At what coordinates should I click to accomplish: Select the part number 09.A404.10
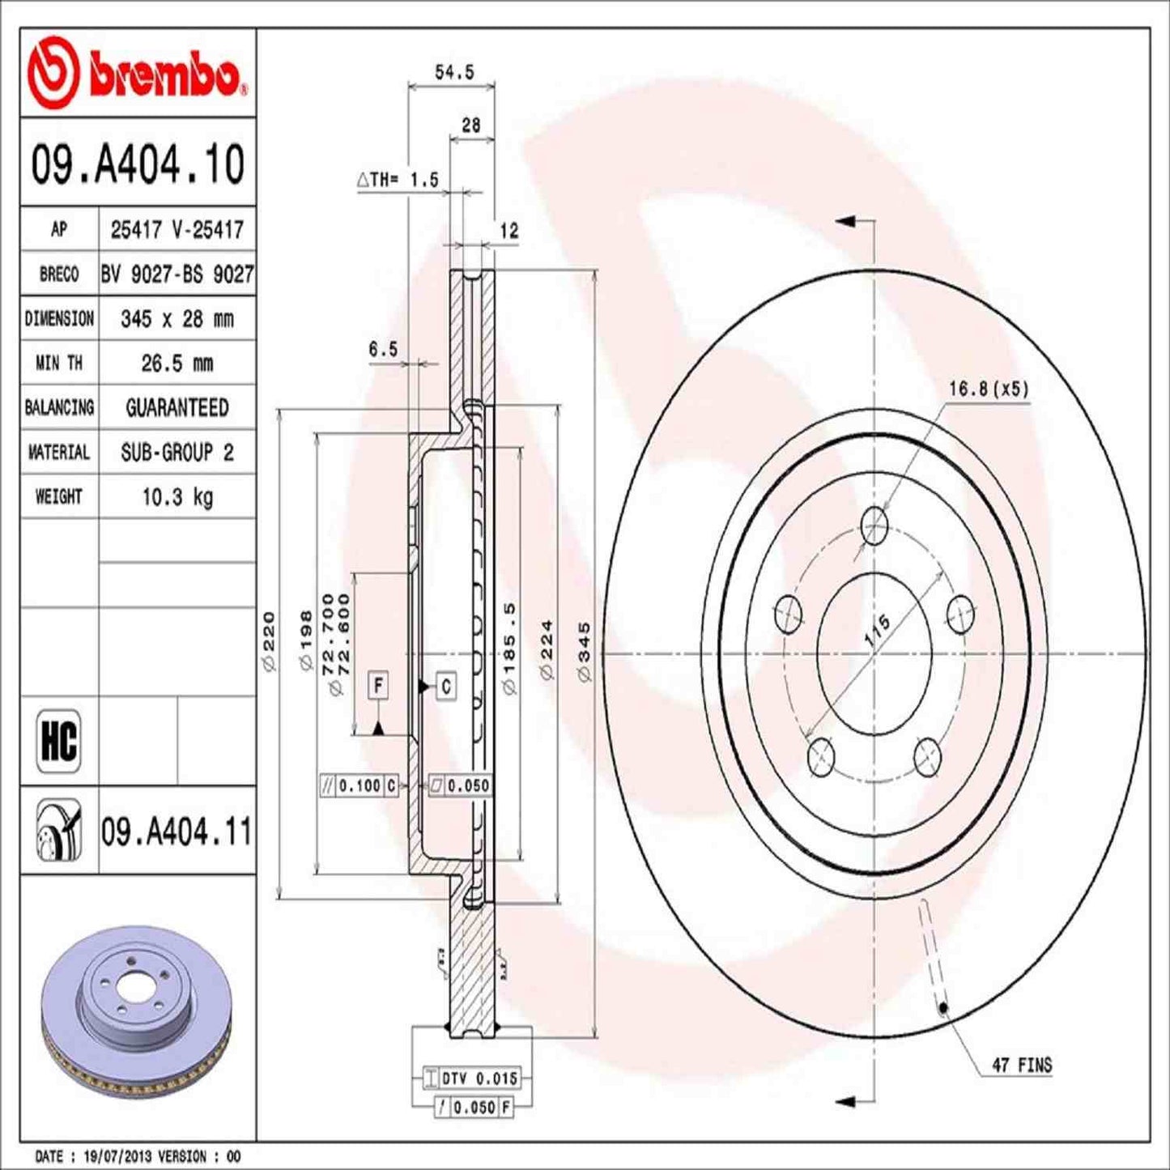coord(138,164)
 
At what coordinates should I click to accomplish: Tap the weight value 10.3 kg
coord(177,496)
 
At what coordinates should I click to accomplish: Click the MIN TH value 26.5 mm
coord(177,364)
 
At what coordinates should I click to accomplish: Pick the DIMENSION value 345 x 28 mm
coord(177,319)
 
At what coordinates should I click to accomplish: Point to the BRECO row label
coord(59,274)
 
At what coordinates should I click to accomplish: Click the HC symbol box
coord(59,740)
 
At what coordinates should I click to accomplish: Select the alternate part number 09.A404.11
coord(177,832)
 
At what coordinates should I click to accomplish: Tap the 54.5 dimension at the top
coord(453,72)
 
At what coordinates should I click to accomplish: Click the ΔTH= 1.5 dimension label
coord(398,180)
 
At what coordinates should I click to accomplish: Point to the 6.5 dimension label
coord(383,349)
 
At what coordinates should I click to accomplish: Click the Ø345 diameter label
coord(585,651)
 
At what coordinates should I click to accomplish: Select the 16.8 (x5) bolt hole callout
coord(988,389)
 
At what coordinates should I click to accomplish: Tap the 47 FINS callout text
coord(1022,1065)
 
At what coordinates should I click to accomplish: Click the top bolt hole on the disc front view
coord(874,526)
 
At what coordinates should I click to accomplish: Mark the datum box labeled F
coord(378,686)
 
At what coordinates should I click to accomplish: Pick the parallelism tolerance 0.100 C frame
coord(360,785)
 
